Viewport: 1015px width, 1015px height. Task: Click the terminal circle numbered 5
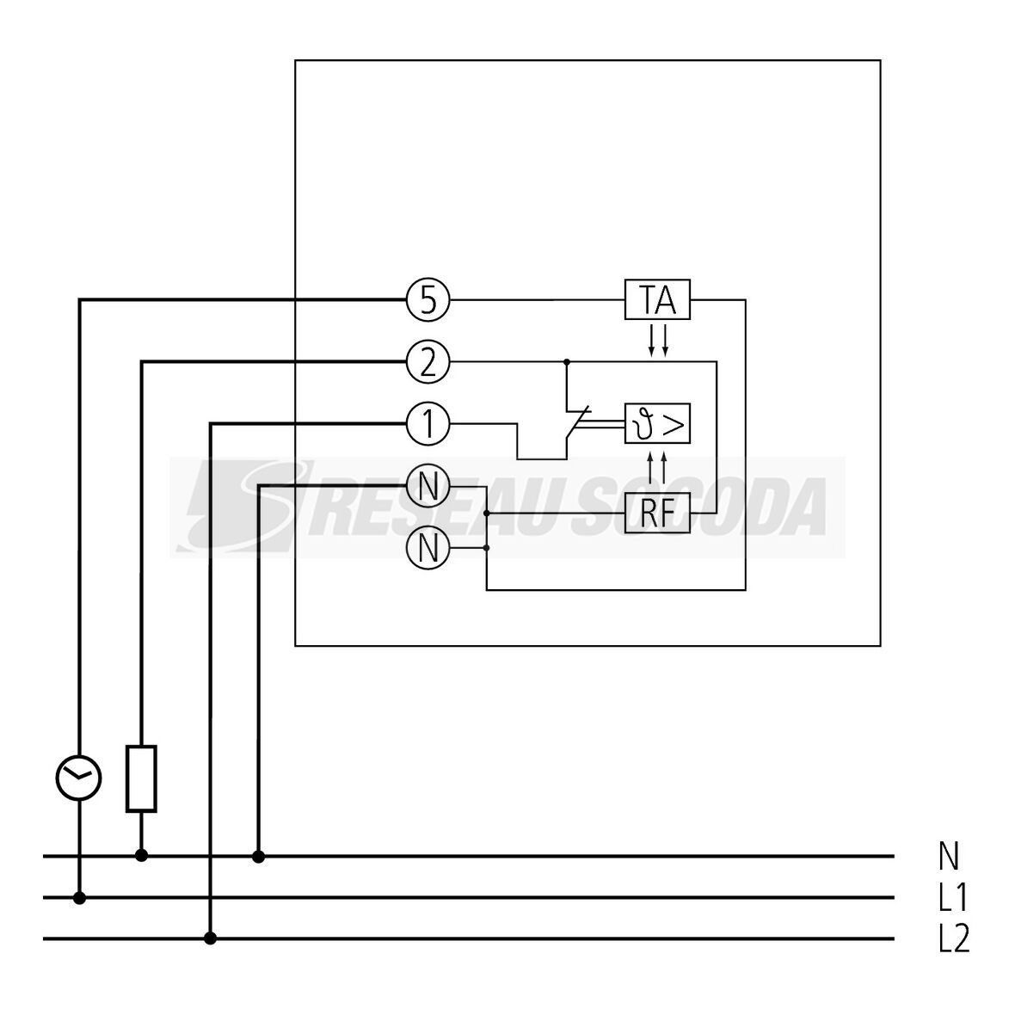coord(428,300)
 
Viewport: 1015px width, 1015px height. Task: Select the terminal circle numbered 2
coord(428,363)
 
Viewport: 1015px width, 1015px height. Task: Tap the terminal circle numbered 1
coord(428,423)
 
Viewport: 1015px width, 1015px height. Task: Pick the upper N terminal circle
coord(428,487)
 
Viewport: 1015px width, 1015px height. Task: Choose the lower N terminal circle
coord(428,547)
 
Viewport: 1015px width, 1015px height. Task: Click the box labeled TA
coord(657,300)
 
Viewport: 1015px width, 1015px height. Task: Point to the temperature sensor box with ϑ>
coord(657,423)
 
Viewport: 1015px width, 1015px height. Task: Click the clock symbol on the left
coord(79,778)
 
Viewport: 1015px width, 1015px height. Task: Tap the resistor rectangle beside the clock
coord(141,779)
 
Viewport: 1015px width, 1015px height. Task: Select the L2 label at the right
coord(953,939)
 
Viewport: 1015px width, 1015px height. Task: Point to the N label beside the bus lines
coord(949,857)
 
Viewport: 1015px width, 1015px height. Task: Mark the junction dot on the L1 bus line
coord(79,898)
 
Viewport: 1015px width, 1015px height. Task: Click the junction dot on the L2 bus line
coord(211,938)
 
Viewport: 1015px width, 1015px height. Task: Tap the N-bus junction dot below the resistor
coord(141,856)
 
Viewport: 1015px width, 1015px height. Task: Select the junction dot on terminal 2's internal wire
coord(567,363)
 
